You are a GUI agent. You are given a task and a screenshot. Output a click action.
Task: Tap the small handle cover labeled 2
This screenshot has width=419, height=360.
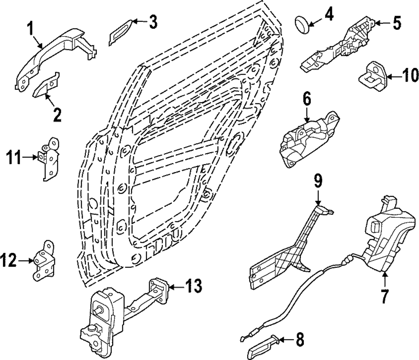(x=47, y=83)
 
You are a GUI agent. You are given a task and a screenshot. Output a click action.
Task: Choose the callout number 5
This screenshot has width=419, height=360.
(x=396, y=23)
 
